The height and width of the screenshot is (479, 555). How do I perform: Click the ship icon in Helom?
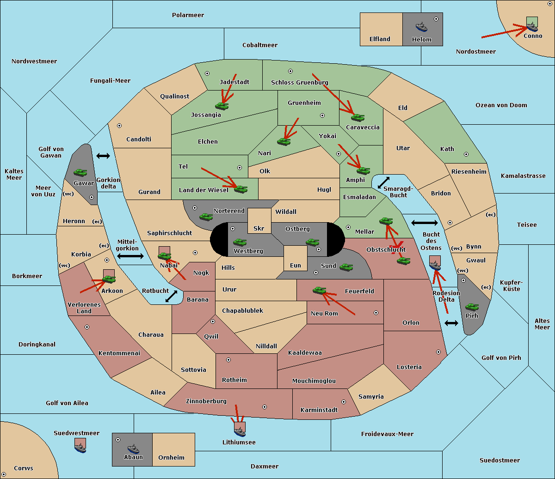pyautogui.click(x=421, y=27)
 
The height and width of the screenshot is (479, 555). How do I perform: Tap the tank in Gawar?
pyautogui.click(x=80, y=172)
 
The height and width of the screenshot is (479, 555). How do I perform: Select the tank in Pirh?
pyautogui.click(x=472, y=307)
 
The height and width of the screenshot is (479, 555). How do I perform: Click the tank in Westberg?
pyautogui.click(x=240, y=243)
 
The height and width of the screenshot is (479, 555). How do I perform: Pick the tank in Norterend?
pyautogui.click(x=206, y=217)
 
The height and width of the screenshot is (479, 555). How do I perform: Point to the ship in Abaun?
pyautogui.click(x=133, y=449)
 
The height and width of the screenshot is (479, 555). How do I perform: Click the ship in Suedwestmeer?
pyautogui.click(x=80, y=448)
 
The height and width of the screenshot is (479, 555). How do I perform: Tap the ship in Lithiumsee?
pyautogui.click(x=240, y=431)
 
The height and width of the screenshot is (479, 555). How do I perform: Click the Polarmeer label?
pyautogui.click(x=188, y=15)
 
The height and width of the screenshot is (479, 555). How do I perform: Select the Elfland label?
pyautogui.click(x=380, y=39)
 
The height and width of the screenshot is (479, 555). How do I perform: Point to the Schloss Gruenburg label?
pyautogui.click(x=299, y=82)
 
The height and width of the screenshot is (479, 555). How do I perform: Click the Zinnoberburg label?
pyautogui.click(x=206, y=401)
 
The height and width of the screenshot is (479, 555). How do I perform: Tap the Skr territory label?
pyautogui.click(x=259, y=228)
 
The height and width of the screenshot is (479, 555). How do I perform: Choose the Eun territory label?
pyautogui.click(x=296, y=265)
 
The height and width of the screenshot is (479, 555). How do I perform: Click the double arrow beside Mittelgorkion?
pyautogui.click(x=130, y=256)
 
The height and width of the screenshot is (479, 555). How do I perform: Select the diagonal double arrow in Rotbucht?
pyautogui.click(x=171, y=297)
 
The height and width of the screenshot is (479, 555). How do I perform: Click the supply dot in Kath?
pyautogui.click(x=466, y=154)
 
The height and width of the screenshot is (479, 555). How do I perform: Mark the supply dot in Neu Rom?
pyautogui.click(x=376, y=313)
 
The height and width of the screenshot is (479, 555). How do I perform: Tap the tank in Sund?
pyautogui.click(x=346, y=267)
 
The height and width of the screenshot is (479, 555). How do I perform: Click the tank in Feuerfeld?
pyautogui.click(x=320, y=290)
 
